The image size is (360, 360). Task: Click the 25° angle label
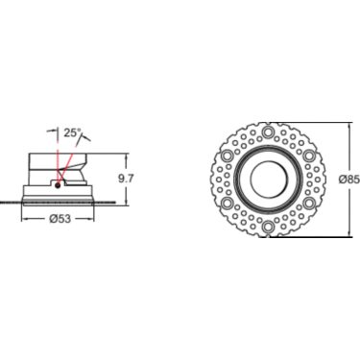coord(72,132)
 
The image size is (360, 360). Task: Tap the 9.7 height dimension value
coord(126,179)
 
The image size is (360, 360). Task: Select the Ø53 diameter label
coord(60,219)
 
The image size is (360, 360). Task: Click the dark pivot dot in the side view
coord(58,185)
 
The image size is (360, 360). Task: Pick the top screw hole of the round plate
coord(268,132)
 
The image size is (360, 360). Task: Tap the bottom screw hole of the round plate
coord(268,227)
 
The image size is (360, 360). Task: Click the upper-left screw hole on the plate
coord(228,156)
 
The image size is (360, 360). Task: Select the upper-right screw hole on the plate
coord(308,156)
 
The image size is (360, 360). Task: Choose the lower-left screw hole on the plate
coord(228,203)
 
